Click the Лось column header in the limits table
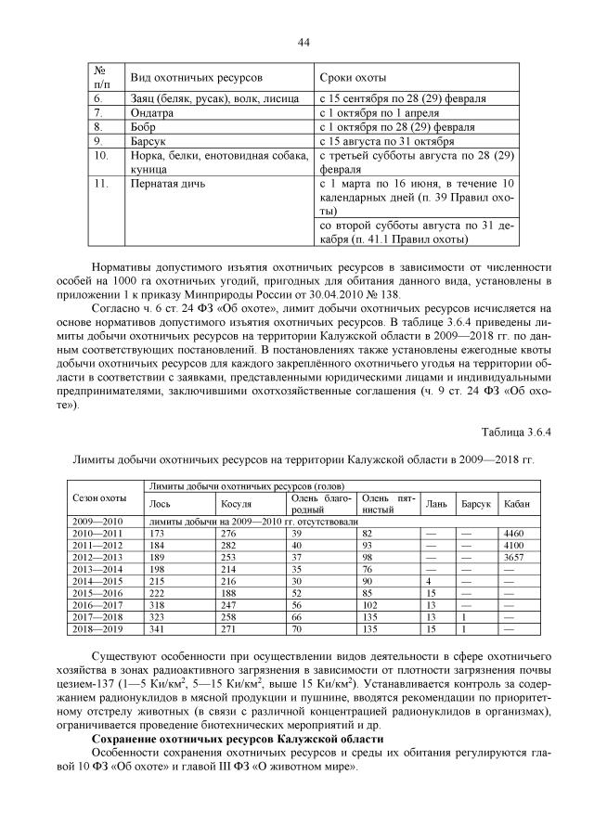tap(160, 504)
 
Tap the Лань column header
tap(435, 504)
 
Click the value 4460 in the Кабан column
tap(513, 534)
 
